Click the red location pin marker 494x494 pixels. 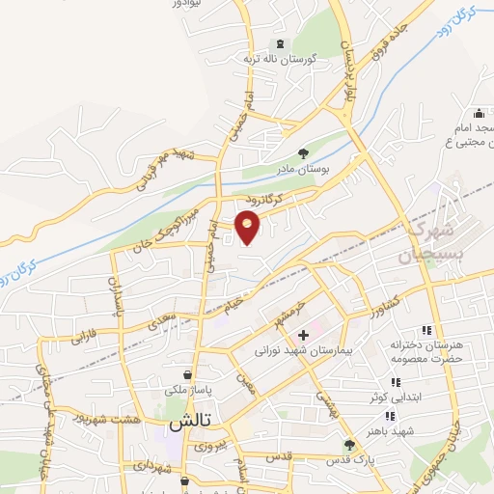click(x=248, y=227)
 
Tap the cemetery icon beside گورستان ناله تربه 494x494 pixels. click(x=281, y=44)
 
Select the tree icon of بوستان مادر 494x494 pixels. click(x=303, y=152)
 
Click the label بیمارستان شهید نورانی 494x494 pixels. click(x=293, y=350)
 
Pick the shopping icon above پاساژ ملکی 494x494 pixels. click(x=187, y=373)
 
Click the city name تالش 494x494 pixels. click(x=189, y=423)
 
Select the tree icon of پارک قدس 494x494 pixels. click(x=349, y=445)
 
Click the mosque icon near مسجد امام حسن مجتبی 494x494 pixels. click(x=480, y=114)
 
